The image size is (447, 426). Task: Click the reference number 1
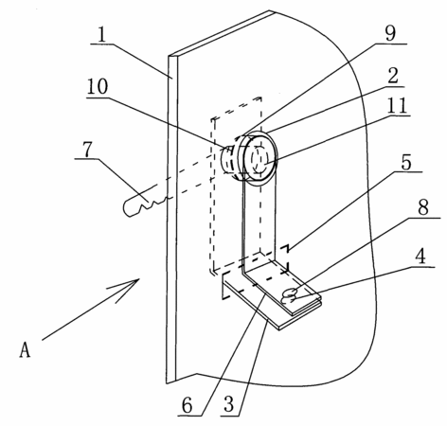(x=101, y=35)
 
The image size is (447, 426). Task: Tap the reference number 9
(x=390, y=33)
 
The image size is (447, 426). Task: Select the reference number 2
(x=393, y=76)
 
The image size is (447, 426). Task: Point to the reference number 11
(x=397, y=105)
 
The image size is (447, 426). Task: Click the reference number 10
(x=98, y=86)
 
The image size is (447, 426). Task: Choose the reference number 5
(x=406, y=163)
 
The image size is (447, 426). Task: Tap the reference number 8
(x=423, y=207)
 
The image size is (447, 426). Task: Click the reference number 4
(x=420, y=257)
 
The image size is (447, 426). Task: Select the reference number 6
(x=188, y=405)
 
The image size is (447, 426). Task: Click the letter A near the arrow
(x=25, y=349)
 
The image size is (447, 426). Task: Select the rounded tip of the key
(x=127, y=210)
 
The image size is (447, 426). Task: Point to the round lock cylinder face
(x=259, y=158)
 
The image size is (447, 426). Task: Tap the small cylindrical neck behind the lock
(x=228, y=159)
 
